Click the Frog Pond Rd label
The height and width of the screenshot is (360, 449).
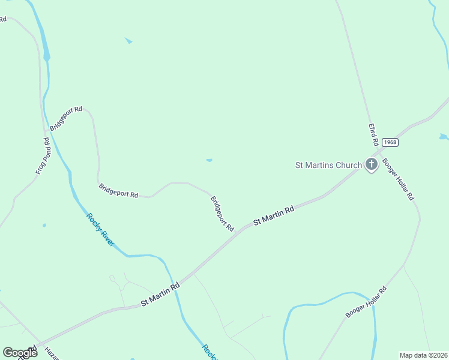click(x=42, y=157)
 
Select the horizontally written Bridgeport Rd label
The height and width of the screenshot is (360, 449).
click(x=118, y=191)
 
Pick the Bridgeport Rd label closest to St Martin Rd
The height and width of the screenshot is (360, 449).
click(x=221, y=213)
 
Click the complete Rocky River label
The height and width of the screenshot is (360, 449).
click(x=100, y=230)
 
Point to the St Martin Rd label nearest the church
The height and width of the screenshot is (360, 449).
click(x=273, y=215)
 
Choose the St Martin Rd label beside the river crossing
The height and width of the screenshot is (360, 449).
click(x=160, y=295)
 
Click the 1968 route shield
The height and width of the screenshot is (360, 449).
click(x=390, y=142)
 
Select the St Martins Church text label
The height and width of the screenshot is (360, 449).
click(x=328, y=165)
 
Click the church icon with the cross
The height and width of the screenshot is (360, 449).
click(x=372, y=164)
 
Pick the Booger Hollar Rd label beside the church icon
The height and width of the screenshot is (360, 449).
click(x=398, y=179)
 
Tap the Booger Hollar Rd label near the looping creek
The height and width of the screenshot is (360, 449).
click(x=366, y=302)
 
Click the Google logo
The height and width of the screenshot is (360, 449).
click(x=20, y=352)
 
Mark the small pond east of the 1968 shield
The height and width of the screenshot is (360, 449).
click(x=444, y=137)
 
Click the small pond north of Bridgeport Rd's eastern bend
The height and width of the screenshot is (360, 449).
click(x=209, y=160)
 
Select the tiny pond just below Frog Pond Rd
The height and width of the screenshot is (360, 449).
click(x=44, y=226)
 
